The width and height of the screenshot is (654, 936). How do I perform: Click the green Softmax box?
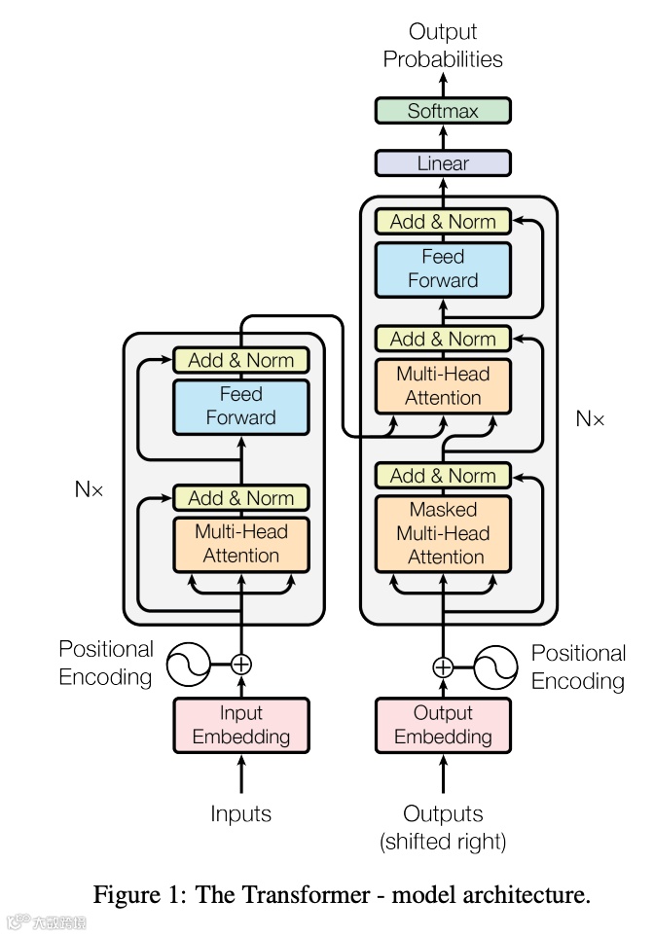(x=443, y=111)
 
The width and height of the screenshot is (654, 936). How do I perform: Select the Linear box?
(x=443, y=163)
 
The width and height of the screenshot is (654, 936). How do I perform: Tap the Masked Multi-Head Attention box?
(x=443, y=533)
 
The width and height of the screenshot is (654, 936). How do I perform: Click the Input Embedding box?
(x=241, y=725)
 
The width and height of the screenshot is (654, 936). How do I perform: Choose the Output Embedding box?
(x=443, y=725)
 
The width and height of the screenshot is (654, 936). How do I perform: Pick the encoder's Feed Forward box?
(x=241, y=407)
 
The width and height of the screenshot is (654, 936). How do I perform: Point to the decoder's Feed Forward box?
(x=443, y=270)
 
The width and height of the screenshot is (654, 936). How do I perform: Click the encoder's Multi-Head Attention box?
(x=241, y=545)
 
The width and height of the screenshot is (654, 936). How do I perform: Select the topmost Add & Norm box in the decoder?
(x=443, y=222)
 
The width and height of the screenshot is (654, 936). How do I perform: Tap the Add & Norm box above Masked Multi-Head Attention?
(x=443, y=476)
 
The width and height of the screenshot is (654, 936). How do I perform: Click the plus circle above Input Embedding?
(x=241, y=665)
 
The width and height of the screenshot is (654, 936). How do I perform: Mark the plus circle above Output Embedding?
(x=443, y=666)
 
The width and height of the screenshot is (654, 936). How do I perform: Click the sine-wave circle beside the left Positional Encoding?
(x=188, y=665)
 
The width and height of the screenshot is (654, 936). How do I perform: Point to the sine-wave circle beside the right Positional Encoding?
(x=495, y=666)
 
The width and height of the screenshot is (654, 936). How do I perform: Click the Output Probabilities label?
(x=443, y=46)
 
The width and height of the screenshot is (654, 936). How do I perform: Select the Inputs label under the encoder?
(x=240, y=814)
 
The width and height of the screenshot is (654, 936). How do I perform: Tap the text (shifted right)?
(x=443, y=842)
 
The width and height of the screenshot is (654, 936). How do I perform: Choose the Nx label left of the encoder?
(x=89, y=489)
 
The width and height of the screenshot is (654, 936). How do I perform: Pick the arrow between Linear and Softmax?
(x=443, y=137)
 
